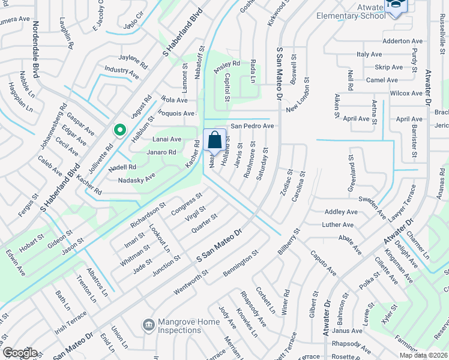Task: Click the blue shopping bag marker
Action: tap(215, 140)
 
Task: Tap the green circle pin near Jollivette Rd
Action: tap(119, 129)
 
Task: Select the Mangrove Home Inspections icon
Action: tap(148, 325)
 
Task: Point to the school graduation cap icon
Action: tap(396, 7)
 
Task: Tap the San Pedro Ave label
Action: tap(253, 127)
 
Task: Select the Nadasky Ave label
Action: tap(137, 178)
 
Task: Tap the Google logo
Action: tap(19, 353)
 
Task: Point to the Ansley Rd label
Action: tap(226, 63)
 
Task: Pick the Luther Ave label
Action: tap(339, 224)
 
